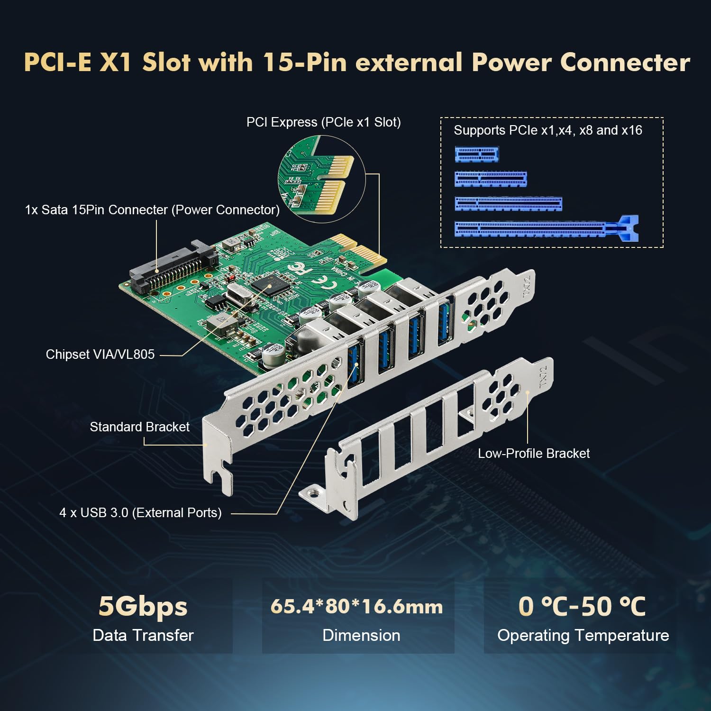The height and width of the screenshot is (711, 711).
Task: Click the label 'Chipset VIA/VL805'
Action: [x=100, y=355]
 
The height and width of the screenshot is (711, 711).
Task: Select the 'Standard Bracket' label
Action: [x=139, y=427]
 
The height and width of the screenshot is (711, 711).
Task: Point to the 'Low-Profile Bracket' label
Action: [x=534, y=454]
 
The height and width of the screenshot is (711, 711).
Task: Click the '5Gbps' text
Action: [x=143, y=607]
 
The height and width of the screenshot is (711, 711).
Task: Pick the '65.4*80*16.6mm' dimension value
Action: [x=356, y=607]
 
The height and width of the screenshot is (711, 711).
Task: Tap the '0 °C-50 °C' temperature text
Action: [x=582, y=607]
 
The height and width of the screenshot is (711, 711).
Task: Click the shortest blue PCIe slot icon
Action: [x=476, y=155]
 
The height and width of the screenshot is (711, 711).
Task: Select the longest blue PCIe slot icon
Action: [x=545, y=229]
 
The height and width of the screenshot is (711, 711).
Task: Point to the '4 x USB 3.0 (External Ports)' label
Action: [x=140, y=513]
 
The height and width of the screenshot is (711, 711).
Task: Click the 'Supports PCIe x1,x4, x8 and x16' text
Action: [x=547, y=130]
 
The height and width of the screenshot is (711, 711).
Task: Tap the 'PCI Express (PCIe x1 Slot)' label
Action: [x=323, y=122]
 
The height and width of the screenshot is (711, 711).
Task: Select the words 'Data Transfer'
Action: [x=143, y=636]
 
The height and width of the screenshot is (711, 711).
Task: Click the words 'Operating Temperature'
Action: [x=583, y=636]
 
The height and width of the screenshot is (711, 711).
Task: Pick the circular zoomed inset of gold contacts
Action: [x=321, y=179]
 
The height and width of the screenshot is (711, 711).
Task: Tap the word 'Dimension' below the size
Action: [x=361, y=636]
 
